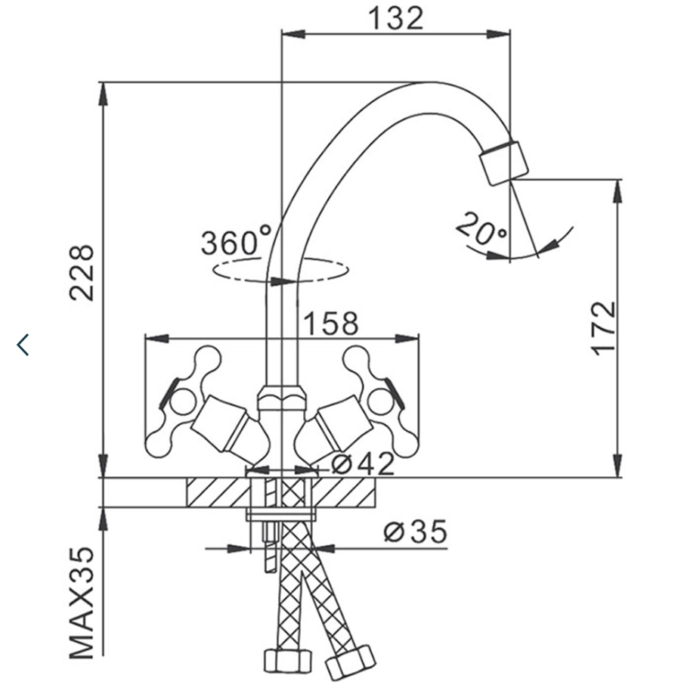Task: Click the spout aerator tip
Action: pos(505,161)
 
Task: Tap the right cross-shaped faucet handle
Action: pos(377,401)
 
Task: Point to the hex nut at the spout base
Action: pos(281,397)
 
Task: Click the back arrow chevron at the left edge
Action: pos(23,344)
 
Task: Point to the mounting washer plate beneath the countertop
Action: pos(280,515)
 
